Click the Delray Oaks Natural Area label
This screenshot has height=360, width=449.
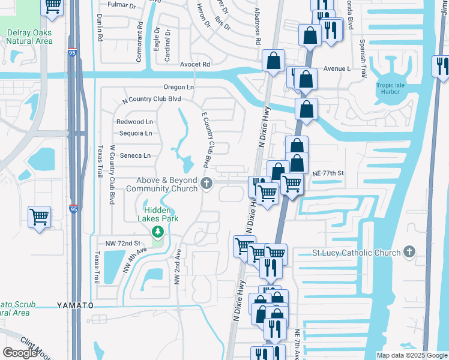pos(28,37)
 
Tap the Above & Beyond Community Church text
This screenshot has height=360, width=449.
pos(161,184)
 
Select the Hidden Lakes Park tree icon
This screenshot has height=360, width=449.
pos(158,232)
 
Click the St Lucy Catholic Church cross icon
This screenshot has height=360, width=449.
pos(409,252)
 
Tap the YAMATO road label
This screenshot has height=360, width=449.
pos(75,305)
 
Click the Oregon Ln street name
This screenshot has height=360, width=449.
pos(178,88)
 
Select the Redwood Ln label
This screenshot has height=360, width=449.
pos(134,121)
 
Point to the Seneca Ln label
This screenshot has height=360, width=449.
pos(135,155)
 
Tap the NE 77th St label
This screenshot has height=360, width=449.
pos(327,173)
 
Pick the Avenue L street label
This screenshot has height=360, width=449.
pos(337,69)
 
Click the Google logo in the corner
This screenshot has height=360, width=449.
pos(20,353)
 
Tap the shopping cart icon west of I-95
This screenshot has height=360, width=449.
pos(39,216)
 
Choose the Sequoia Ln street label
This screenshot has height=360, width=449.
pos(135,133)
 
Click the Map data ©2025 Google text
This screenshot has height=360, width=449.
pos(412,355)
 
